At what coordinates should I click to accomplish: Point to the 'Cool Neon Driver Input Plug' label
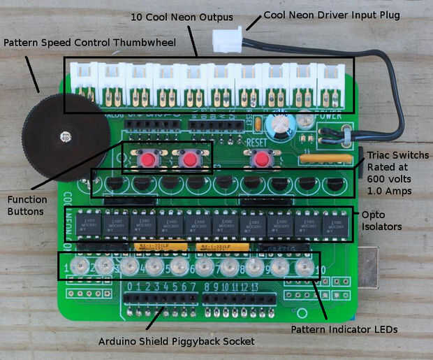[332, 15]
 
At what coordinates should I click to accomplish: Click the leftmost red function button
[147, 159]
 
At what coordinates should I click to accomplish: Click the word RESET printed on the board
[258, 140]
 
